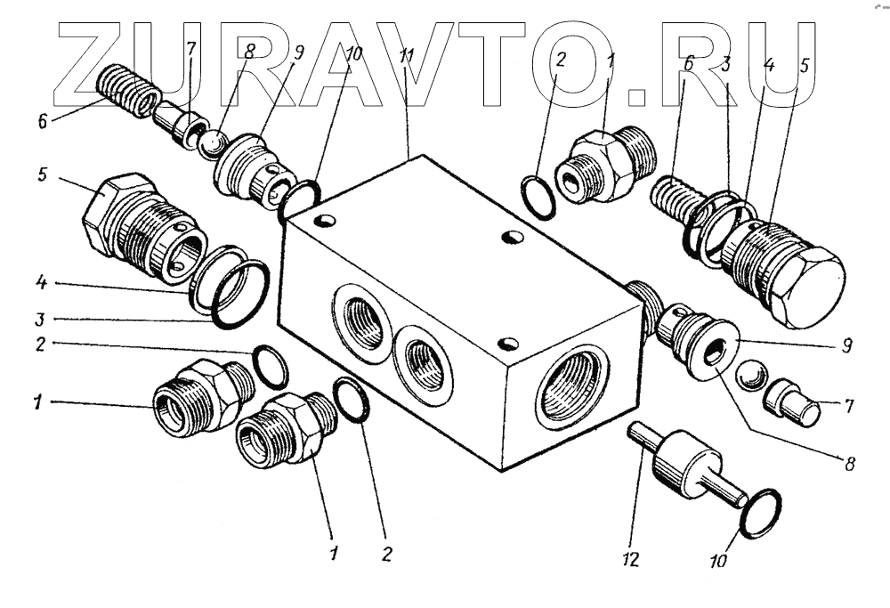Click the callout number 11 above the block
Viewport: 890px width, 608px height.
[407, 57]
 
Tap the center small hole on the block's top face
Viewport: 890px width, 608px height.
[511, 236]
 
